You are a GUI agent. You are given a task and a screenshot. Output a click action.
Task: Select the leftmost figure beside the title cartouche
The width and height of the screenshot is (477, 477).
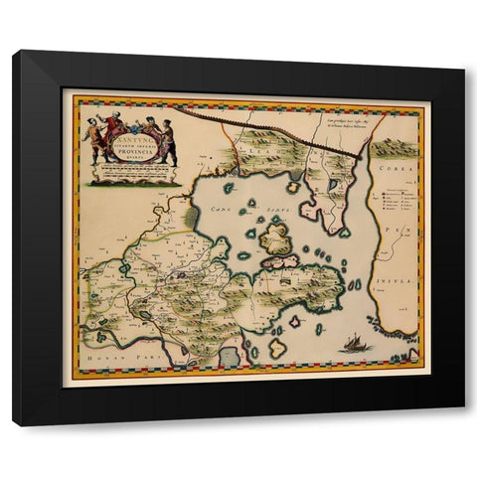95,137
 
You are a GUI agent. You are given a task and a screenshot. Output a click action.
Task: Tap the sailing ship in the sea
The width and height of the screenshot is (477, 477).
353,344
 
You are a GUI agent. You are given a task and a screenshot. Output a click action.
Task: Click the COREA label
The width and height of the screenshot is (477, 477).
395,173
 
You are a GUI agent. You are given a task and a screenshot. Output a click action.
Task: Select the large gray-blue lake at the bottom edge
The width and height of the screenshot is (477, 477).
231,353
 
